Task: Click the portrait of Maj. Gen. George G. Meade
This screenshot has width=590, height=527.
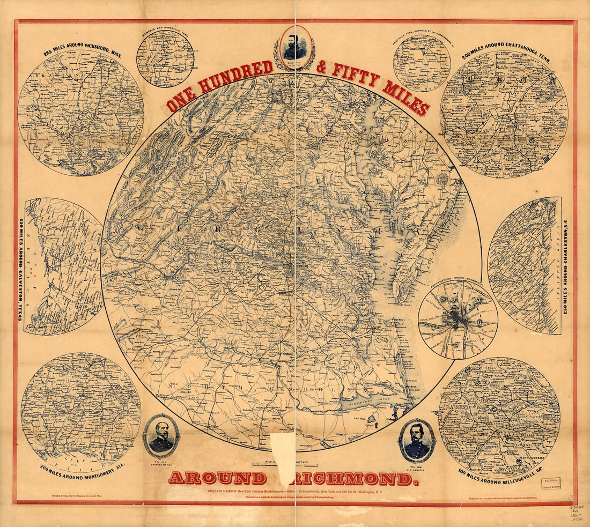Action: [x=161, y=435]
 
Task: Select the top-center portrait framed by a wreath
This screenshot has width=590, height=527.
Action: [x=294, y=47]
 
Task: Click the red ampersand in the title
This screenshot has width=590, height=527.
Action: [x=321, y=68]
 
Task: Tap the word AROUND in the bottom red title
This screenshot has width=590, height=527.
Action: [x=217, y=478]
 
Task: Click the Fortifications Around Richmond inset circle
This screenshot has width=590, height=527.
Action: [x=458, y=319]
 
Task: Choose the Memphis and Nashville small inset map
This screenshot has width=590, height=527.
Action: [x=165, y=58]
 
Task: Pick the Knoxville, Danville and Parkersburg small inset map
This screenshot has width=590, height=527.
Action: [x=421, y=62]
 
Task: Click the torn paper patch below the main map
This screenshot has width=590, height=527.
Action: [x=283, y=451]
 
